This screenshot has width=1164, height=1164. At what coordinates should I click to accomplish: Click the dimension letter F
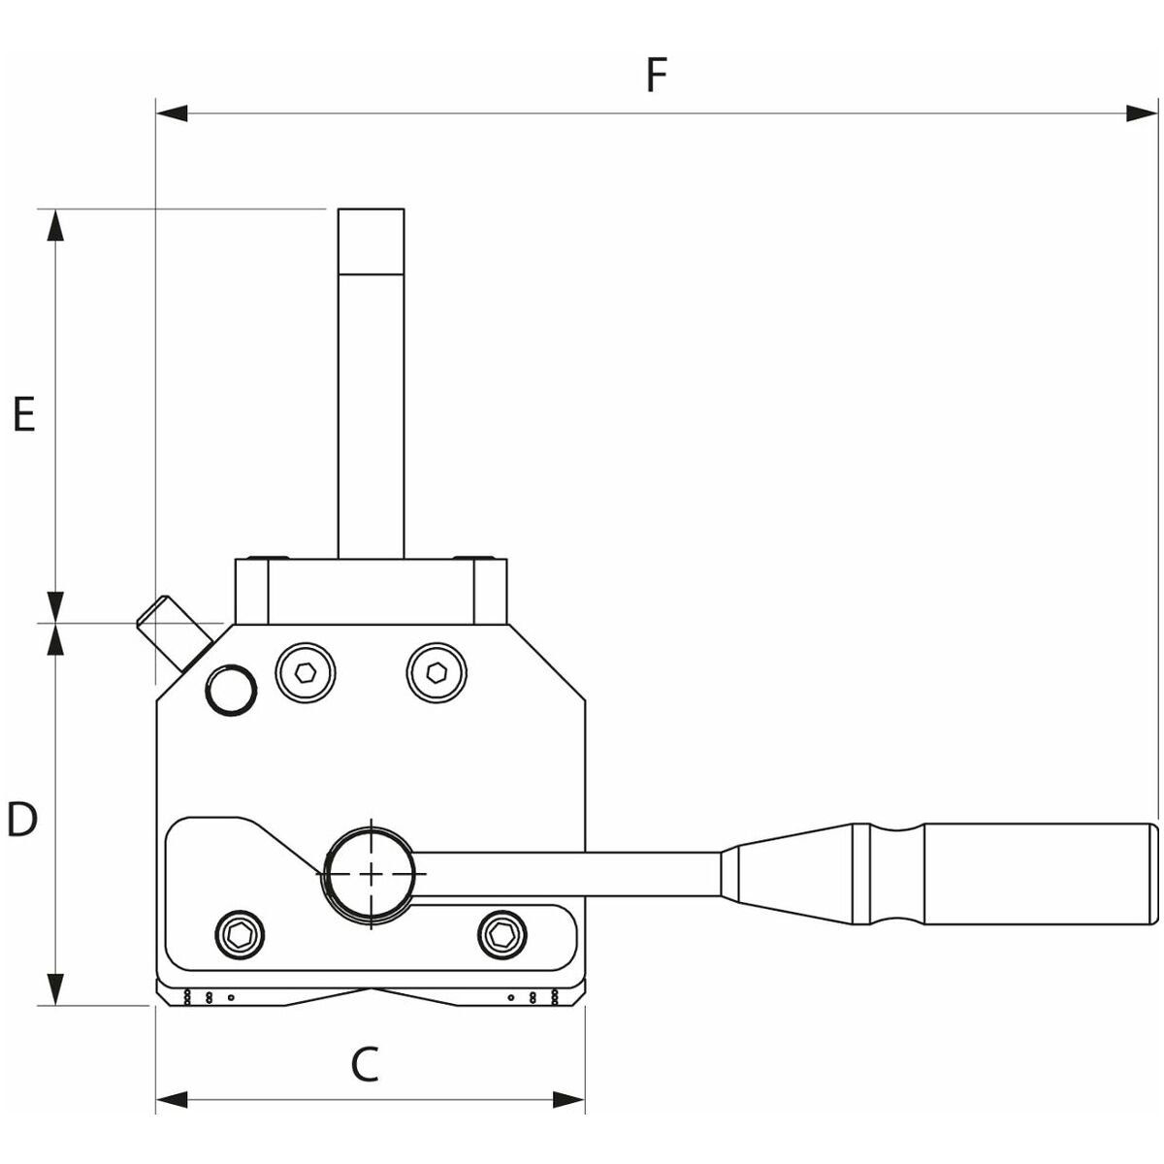pos(658,75)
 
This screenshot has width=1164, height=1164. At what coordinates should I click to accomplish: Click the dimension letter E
pos(23,414)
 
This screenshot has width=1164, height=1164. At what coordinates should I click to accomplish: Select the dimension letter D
pos(22,821)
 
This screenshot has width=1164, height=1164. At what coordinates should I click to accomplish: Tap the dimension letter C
pos(365,1065)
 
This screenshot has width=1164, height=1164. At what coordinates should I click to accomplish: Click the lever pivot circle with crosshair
pos(371,872)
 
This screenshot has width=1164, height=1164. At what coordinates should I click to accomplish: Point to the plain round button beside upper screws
pos(230,690)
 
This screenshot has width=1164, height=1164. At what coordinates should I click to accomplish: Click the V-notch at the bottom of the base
pos(371,991)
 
